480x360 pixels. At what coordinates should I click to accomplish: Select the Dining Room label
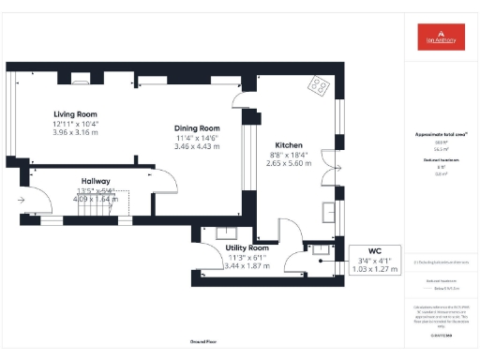197,127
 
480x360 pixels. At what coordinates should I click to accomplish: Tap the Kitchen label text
288,145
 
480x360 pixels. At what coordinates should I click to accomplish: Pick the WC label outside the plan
374,251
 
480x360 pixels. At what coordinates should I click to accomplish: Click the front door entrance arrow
21,199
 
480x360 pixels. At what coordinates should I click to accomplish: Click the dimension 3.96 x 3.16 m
76,133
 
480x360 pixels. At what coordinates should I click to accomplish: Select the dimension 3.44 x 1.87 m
247,265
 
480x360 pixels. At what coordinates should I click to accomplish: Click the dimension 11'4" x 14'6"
197,138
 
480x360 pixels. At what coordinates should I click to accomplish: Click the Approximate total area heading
441,134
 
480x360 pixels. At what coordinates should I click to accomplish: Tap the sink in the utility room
225,234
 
